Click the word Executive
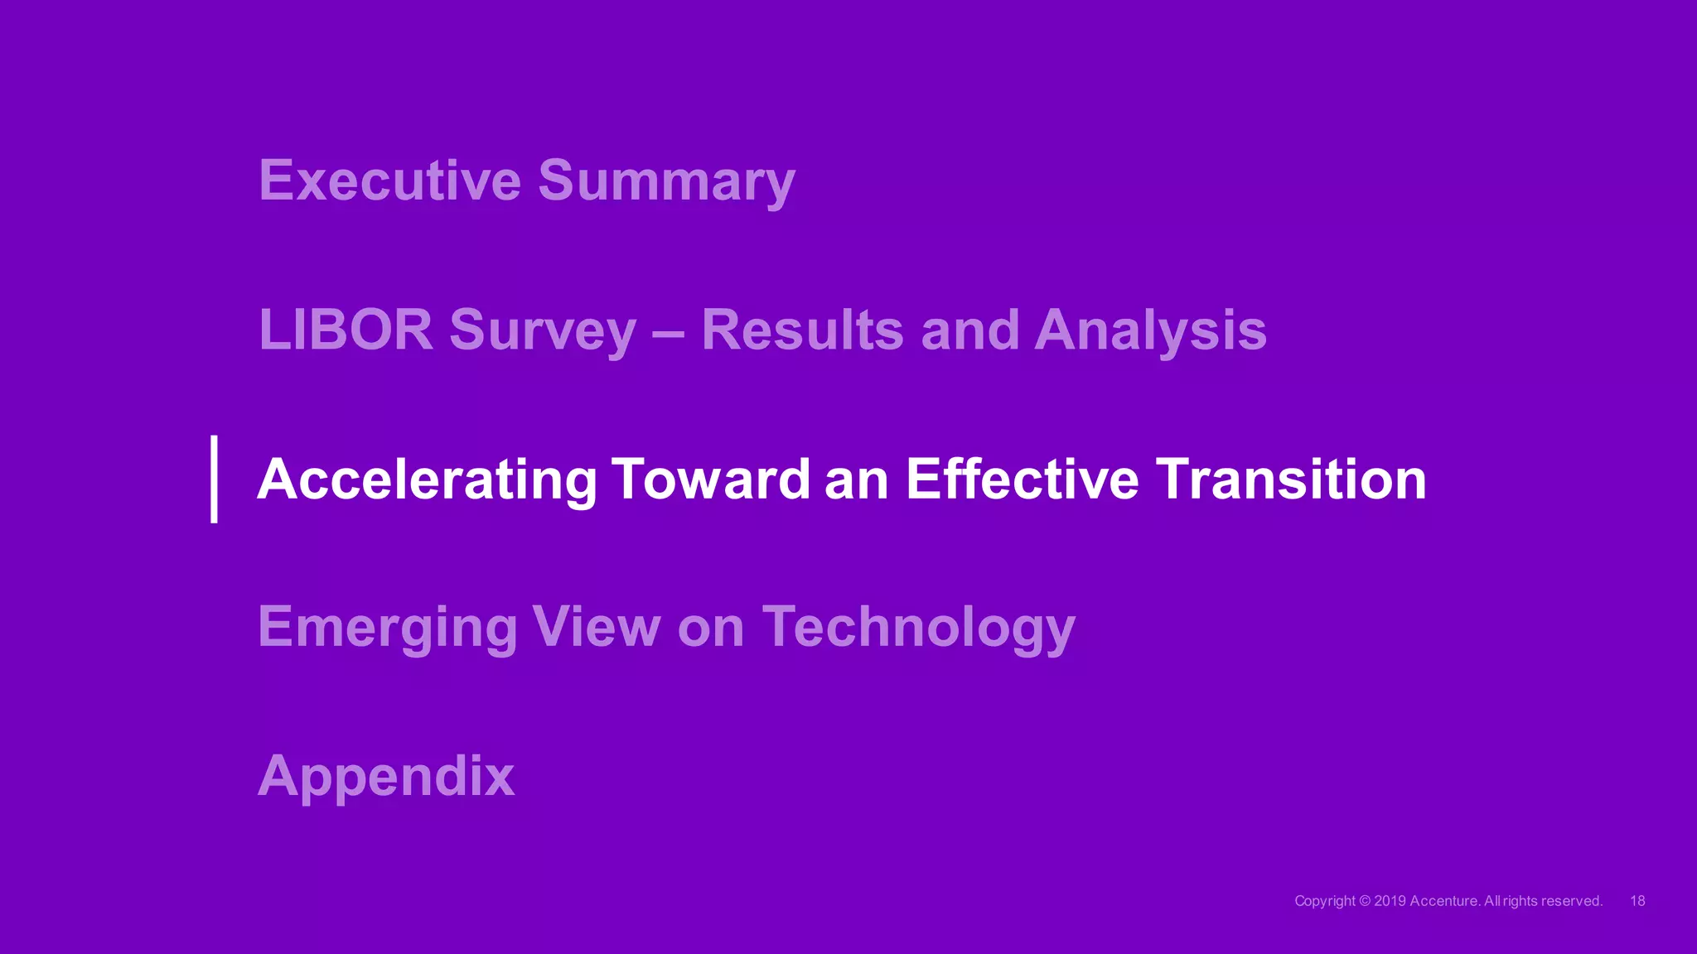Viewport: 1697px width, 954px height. point(390,180)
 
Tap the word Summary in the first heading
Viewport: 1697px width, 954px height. point(666,181)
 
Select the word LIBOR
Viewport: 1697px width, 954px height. point(346,330)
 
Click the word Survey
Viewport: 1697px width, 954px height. point(543,331)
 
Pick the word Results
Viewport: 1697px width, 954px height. point(802,330)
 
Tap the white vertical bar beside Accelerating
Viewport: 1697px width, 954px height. point(215,479)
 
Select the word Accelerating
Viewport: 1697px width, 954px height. point(427,480)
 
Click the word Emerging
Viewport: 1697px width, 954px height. point(388,628)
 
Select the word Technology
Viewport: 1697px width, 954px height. point(918,628)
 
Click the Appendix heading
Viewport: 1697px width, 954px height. point(386,777)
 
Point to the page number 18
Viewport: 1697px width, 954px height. point(1637,901)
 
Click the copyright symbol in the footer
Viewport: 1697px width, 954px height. point(1366,901)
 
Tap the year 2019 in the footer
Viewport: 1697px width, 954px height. point(1390,901)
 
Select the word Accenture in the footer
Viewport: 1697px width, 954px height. point(1444,901)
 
